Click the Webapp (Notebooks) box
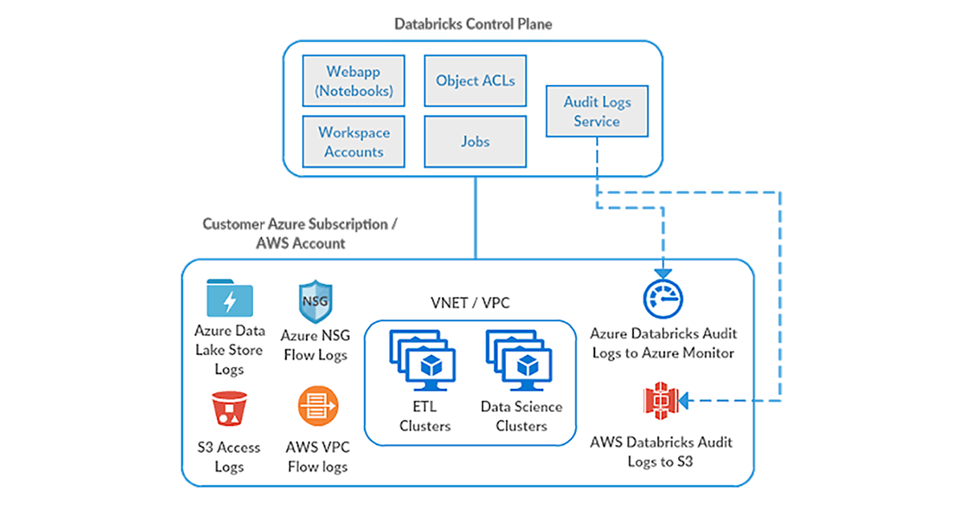click(x=354, y=81)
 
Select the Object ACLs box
click(x=475, y=80)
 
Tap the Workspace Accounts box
click(x=354, y=141)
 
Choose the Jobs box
click(x=475, y=141)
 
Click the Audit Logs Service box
click(x=596, y=112)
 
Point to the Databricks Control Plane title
click(x=473, y=24)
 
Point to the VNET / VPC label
click(x=470, y=303)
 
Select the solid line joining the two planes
click(x=475, y=217)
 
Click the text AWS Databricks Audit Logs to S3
click(x=662, y=451)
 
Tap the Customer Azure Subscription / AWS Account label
click(x=299, y=233)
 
